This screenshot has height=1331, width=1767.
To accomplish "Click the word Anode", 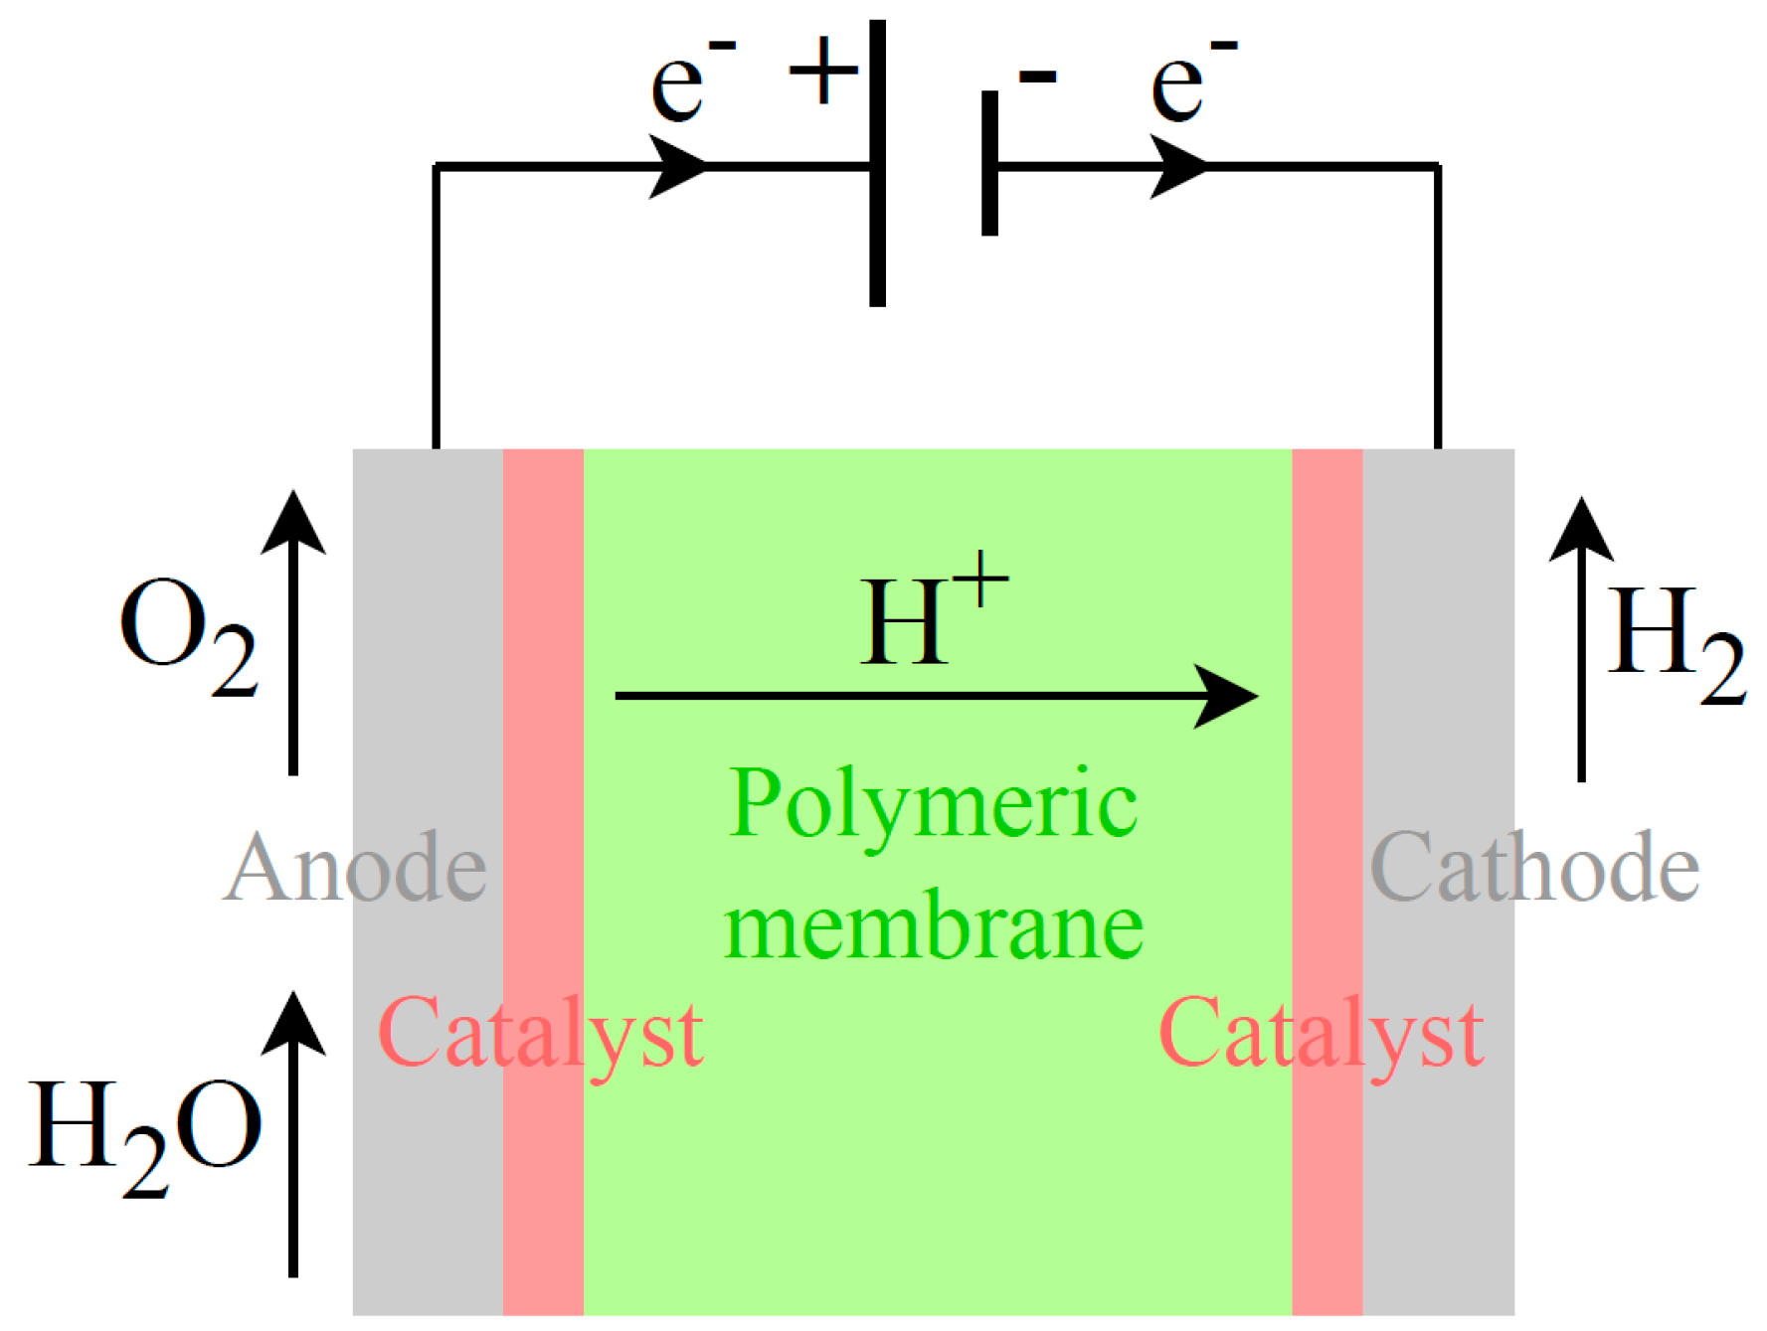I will (x=355, y=868).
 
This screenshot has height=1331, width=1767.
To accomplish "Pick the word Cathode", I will (x=1534, y=868).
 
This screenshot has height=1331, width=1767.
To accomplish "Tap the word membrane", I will (x=933, y=926).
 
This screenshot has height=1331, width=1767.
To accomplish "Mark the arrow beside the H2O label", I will (x=293, y=1133).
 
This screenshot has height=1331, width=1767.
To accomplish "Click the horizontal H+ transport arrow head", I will (x=1228, y=696).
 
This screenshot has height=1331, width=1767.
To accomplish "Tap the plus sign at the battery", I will (x=823, y=72).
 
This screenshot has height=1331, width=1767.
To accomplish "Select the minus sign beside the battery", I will (x=1038, y=77).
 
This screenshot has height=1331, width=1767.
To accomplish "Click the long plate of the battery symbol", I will (x=877, y=164).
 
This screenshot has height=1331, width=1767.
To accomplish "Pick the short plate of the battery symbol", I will (x=989, y=164).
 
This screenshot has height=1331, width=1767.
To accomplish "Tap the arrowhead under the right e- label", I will (x=1178, y=166).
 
